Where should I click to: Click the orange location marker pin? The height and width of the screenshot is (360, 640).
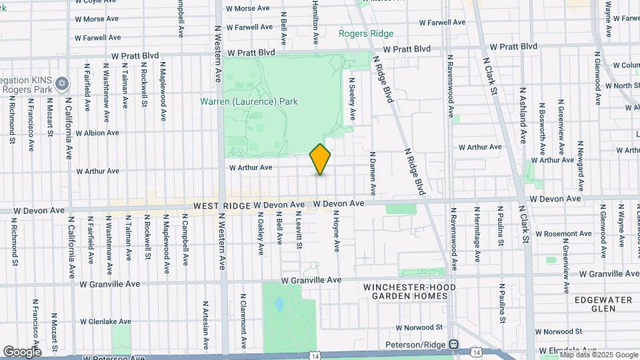pyautogui.click(x=320, y=159)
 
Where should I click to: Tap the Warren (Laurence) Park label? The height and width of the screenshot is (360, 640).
pyautogui.click(x=249, y=101)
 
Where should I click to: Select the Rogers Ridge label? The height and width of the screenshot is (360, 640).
pyautogui.click(x=366, y=33)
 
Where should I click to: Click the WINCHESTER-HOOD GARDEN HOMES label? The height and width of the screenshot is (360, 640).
pyautogui.click(x=405, y=291)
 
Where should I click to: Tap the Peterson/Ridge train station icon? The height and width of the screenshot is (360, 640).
pyautogui.click(x=453, y=344)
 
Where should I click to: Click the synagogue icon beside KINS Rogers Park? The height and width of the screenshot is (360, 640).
pyautogui.click(x=63, y=83)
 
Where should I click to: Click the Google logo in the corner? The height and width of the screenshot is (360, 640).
pyautogui.click(x=21, y=351)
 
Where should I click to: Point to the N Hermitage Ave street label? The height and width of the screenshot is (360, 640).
pyautogui.click(x=477, y=235)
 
